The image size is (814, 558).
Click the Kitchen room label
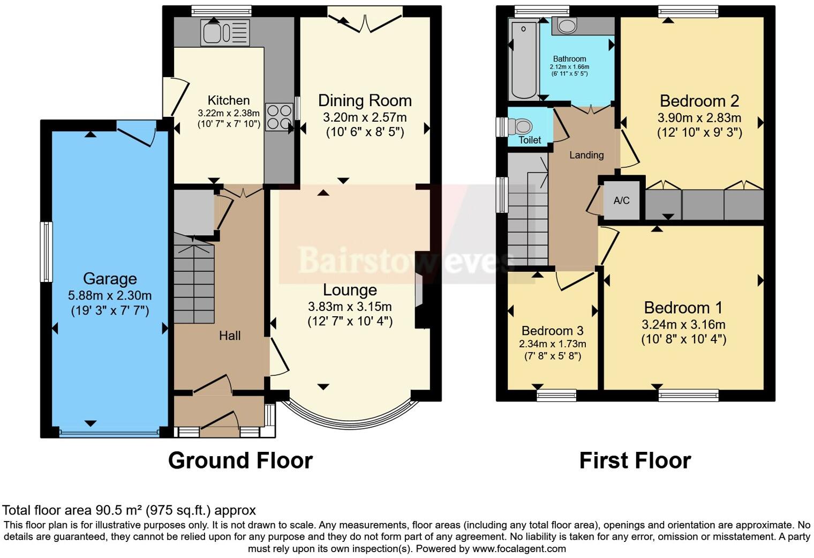(229, 100)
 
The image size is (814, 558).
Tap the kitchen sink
(225, 33)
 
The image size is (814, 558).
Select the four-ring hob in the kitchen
(279, 117)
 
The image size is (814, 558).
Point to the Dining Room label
(365, 100)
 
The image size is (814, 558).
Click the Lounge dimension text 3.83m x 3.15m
(350, 307)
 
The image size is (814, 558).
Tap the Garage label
(110, 279)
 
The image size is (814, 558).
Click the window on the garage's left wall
(46, 252)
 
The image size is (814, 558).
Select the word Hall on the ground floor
(230, 336)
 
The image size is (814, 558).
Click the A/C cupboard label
(621, 200)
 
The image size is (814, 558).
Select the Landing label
(586, 155)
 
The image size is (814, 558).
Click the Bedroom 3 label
(552, 331)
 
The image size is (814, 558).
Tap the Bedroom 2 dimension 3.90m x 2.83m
(699, 118)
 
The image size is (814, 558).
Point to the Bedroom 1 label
(683, 308)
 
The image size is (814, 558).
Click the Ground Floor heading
(240, 460)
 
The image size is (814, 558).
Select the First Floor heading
(635, 460)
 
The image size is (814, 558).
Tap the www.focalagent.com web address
(519, 548)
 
